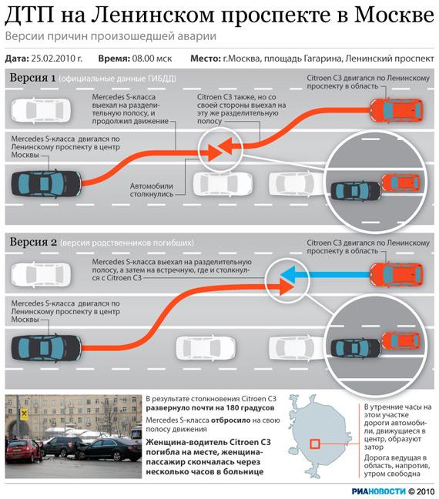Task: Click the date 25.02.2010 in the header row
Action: click(57, 59)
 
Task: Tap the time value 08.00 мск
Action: click(152, 59)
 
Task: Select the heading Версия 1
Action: click(32, 78)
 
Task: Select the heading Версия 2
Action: click(33, 242)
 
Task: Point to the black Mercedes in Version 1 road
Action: click(46, 184)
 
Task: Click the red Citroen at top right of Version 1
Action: click(397, 110)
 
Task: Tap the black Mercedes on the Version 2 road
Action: click(46, 348)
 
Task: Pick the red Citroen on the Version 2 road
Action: click(397, 275)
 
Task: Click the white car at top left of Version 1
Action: click(41, 110)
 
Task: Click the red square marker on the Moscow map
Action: click(315, 444)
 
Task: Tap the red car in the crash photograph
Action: click(24, 451)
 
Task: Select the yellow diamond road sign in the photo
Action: click(24, 414)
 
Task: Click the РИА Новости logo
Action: click(378, 491)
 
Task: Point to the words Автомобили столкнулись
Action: click(152, 190)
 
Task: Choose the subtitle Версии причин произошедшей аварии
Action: click(111, 36)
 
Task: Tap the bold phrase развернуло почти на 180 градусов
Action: click(210, 407)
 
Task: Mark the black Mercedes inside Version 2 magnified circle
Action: click(356, 348)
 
